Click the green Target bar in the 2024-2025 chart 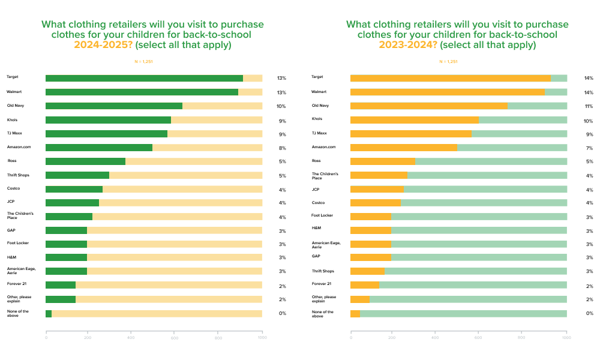click(144, 78)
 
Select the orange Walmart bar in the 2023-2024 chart click(447, 92)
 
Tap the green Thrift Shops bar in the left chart click(77, 175)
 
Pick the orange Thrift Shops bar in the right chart click(367, 271)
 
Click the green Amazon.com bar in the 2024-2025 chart click(99, 148)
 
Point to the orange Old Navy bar click(428, 106)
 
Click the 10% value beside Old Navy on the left click(281, 106)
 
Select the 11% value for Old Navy click(589, 106)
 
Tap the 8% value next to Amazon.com click(281, 148)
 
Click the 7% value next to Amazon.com click(589, 148)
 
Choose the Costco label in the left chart click(13, 188)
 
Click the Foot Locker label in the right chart click(322, 215)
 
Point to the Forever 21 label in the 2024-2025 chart click(16, 283)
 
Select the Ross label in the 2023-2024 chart click(316, 161)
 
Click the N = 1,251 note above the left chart click(143, 61)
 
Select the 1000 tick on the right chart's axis click(566, 338)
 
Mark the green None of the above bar click(49, 313)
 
